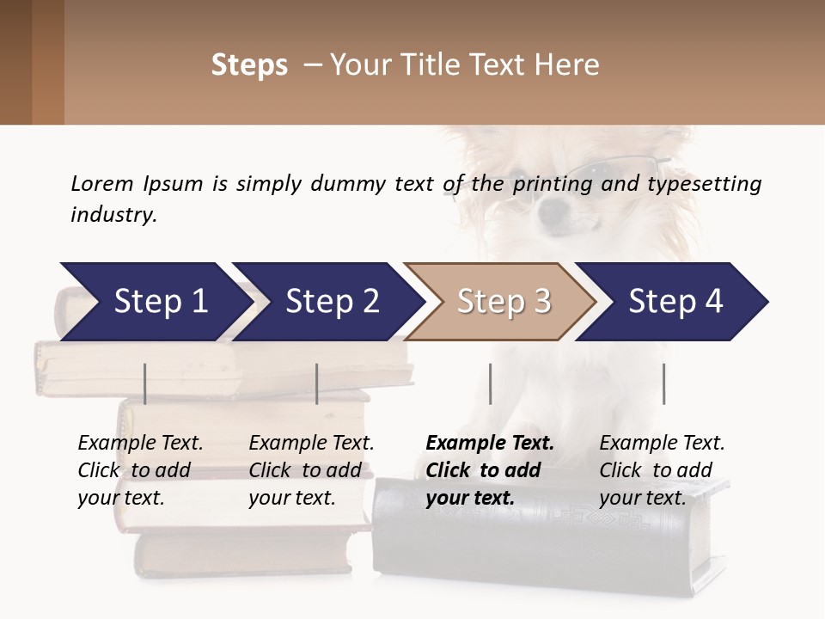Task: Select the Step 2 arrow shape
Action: pyautogui.click(x=331, y=302)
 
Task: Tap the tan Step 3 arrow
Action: pyautogui.click(x=503, y=302)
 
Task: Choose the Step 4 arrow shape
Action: pyautogui.click(x=675, y=302)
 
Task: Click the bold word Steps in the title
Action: pyautogui.click(x=249, y=65)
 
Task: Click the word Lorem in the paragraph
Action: pyautogui.click(x=102, y=184)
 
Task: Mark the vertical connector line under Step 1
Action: pyautogui.click(x=145, y=383)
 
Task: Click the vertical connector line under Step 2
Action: pyautogui.click(x=317, y=383)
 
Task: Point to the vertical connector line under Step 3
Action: pyautogui.click(x=491, y=383)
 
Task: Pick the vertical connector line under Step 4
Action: pyautogui.click(x=664, y=383)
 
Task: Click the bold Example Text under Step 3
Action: pyautogui.click(x=490, y=444)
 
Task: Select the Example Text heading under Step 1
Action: pyautogui.click(x=140, y=444)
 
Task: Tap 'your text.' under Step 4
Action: pyautogui.click(x=642, y=498)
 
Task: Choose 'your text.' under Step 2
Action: pyautogui.click(x=291, y=498)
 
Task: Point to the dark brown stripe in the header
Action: pyautogui.click(x=15, y=62)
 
